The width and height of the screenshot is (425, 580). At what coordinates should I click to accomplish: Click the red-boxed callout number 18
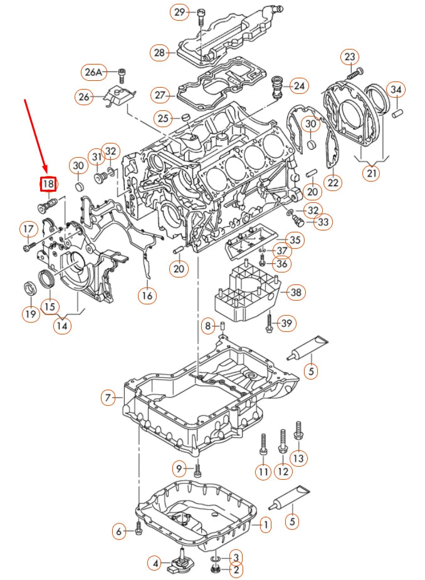point(48,184)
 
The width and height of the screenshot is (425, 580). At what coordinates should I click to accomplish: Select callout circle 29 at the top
point(180,13)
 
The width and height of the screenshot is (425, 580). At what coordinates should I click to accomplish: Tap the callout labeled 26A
point(93,72)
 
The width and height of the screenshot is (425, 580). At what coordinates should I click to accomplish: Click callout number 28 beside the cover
point(159,53)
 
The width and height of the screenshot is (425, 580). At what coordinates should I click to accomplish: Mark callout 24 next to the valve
point(299,85)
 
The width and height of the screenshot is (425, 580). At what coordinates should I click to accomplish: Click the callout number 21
point(372,172)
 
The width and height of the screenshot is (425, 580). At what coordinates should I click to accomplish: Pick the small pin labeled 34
point(396,113)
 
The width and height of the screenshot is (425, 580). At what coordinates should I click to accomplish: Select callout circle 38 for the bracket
point(295,292)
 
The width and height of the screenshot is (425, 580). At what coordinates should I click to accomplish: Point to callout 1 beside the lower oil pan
point(265,524)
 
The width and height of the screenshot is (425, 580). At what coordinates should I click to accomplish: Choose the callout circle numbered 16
point(147,295)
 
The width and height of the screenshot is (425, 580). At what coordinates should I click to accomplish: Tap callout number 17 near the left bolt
point(28,230)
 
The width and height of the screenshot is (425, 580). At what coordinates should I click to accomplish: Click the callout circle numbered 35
point(295,239)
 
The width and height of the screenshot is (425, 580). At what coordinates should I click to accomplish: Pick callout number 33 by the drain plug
point(323,222)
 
